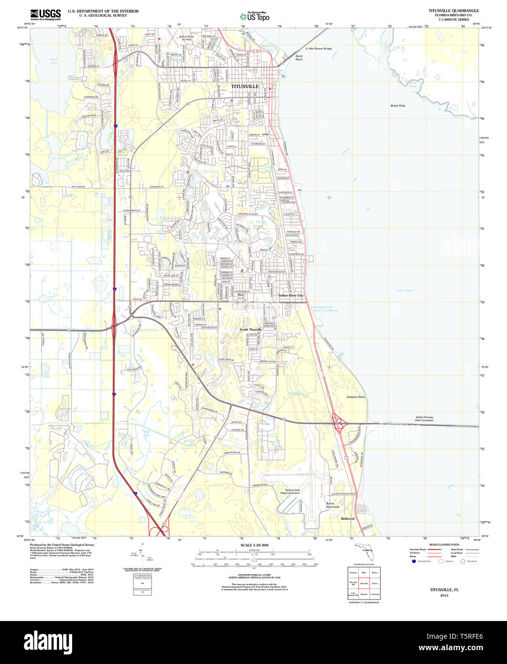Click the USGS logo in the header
click(x=45, y=14)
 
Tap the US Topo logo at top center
click(x=254, y=16)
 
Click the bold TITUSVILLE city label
click(x=245, y=86)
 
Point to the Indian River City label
click(x=291, y=296)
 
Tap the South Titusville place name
click(x=250, y=330)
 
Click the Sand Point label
click(x=299, y=57)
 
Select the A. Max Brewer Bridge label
click(x=318, y=49)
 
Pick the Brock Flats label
click(x=398, y=106)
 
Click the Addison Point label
click(x=356, y=397)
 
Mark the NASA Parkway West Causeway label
click(x=424, y=418)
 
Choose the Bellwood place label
click(x=348, y=518)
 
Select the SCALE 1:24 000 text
click(x=254, y=545)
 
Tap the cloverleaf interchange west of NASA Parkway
click(x=340, y=422)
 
